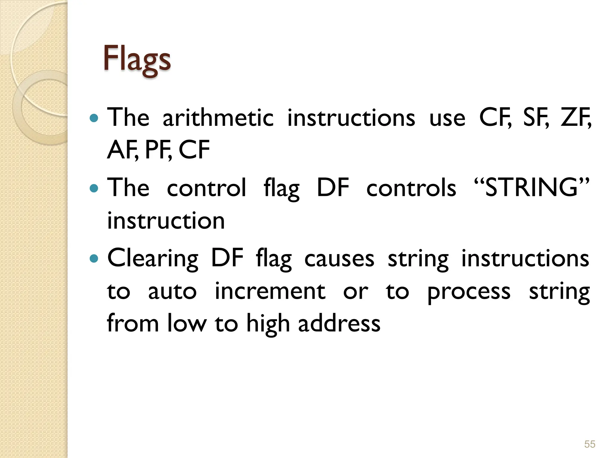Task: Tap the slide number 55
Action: click(x=589, y=444)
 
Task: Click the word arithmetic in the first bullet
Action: click(x=218, y=117)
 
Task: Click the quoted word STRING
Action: click(x=531, y=188)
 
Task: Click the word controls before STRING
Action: click(x=411, y=188)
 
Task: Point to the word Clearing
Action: click(x=152, y=258)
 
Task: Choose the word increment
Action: click(x=270, y=291)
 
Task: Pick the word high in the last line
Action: click(x=268, y=324)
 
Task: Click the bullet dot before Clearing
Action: click(x=94, y=258)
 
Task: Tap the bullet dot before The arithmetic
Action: click(x=94, y=118)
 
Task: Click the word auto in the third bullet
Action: click(x=172, y=291)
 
